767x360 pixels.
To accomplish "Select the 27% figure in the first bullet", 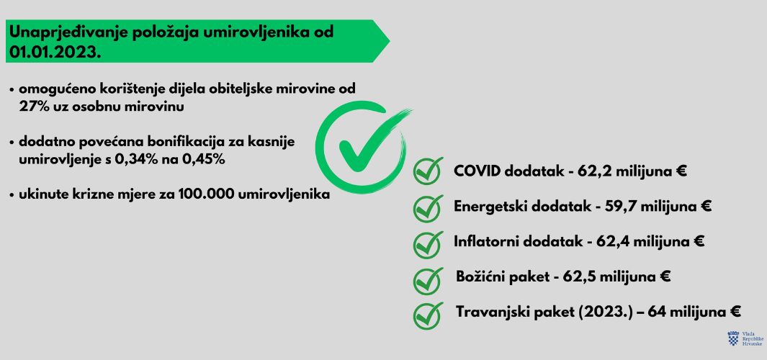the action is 33,107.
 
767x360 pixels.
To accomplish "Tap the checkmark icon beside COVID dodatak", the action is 428,171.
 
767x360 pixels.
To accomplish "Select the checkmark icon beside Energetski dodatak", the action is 428,208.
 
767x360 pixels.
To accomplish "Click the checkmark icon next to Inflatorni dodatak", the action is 428,244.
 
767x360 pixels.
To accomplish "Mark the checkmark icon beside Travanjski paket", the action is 428,315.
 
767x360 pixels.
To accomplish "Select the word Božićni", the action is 480,276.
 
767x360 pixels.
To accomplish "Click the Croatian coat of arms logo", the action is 733,338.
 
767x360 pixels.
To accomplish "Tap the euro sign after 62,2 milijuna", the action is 681,171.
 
